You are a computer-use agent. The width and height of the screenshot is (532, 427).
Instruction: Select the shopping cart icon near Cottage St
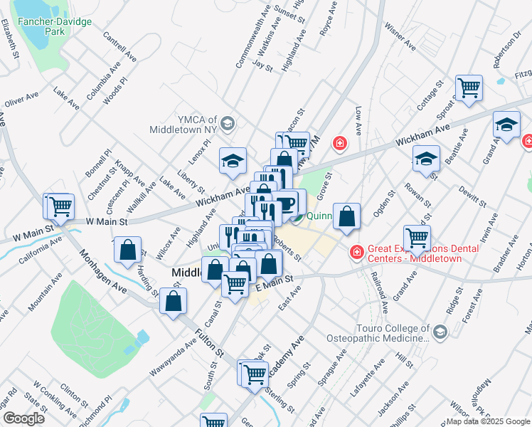point(469,88)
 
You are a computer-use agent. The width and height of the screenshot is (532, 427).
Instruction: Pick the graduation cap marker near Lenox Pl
point(233,161)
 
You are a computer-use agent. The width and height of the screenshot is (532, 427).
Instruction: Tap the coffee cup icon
point(287,204)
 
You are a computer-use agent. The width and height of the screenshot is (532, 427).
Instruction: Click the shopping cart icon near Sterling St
point(254,373)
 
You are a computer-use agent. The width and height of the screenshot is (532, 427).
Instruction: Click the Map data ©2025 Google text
point(487,421)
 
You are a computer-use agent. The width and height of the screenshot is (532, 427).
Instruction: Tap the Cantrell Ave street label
point(119,45)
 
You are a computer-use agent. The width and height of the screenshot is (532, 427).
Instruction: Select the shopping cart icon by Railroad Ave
point(417,238)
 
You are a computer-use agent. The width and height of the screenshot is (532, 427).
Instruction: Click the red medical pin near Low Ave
point(340,144)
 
